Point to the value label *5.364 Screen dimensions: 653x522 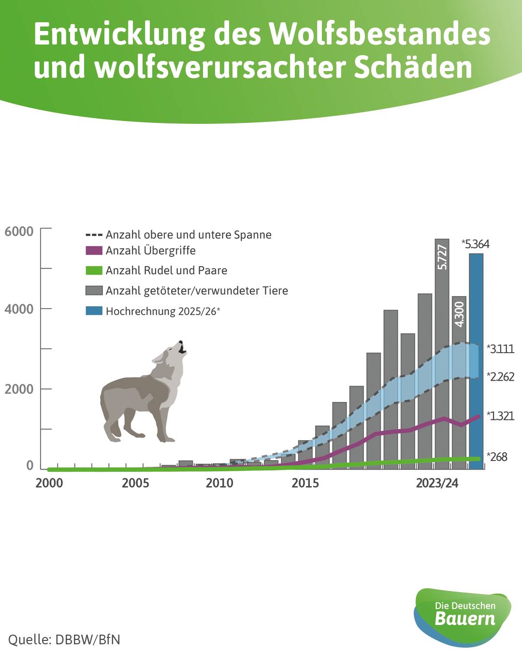pos(476,244)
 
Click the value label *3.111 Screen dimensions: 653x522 pos(501,349)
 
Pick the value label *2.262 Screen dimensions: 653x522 pos(501,377)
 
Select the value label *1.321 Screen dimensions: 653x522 pos(501,416)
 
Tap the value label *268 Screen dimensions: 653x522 pos(497,457)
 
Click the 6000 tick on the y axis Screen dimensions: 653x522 pos(19,231)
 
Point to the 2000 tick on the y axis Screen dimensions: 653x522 pos(19,389)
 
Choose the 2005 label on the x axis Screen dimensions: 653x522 pos(135,483)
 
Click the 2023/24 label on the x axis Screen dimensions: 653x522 pos(437,483)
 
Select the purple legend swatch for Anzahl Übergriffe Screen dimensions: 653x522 pos(94,251)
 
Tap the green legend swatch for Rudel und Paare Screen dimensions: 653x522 pos(94,270)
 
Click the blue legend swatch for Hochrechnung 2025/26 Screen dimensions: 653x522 pos(94,311)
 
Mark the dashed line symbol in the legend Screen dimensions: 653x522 pos(94,235)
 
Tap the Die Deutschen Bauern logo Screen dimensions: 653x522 pos(463,615)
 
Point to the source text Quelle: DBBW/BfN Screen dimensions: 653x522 pos(64,639)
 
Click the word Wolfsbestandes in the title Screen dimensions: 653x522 pos(380,35)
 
